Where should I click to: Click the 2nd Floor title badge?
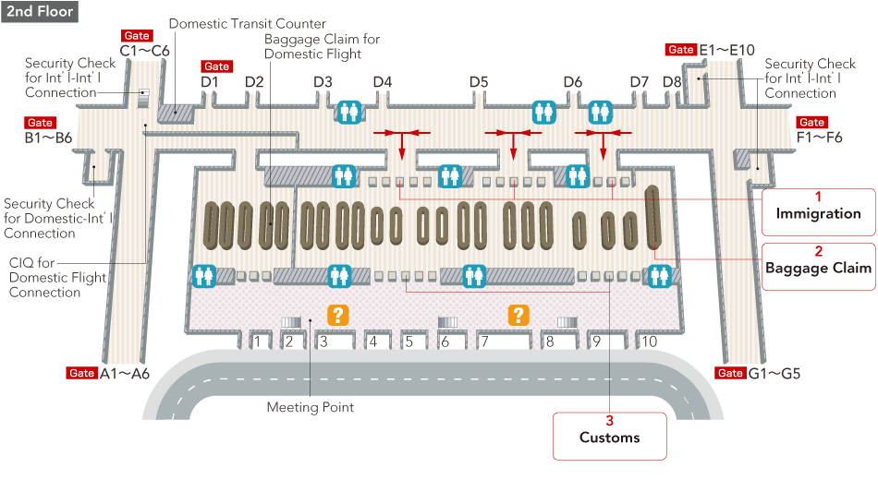(x=39, y=11)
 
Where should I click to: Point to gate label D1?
(x=210, y=82)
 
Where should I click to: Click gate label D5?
(x=478, y=82)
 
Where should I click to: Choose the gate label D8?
(x=672, y=82)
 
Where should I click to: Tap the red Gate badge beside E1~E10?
(x=680, y=50)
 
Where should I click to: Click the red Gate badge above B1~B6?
(x=41, y=123)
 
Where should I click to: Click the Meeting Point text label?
(x=311, y=407)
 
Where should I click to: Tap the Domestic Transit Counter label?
(x=247, y=23)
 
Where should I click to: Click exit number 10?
(x=649, y=342)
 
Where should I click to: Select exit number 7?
(x=482, y=342)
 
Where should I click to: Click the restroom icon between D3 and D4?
(x=349, y=112)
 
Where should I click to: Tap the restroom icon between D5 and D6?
(x=543, y=112)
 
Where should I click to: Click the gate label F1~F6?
(x=819, y=138)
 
